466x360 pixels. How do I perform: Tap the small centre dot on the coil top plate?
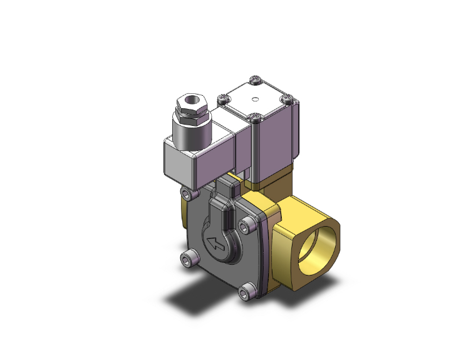tap(256, 99)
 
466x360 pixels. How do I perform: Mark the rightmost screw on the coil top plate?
tap(287, 98)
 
